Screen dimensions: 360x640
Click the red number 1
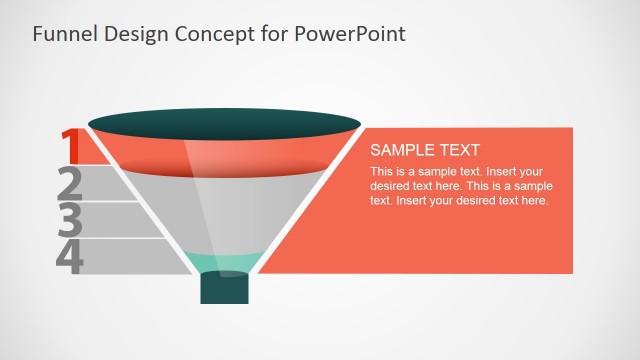(x=70, y=146)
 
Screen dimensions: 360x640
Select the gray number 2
(x=70, y=184)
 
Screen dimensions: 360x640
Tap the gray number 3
(x=70, y=220)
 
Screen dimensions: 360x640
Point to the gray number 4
(x=70, y=256)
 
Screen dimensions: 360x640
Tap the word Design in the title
(x=133, y=34)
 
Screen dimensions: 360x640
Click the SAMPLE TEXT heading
(x=425, y=150)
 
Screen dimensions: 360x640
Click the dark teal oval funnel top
(x=224, y=125)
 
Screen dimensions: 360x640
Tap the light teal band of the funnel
(x=224, y=262)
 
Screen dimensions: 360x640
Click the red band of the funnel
(x=224, y=154)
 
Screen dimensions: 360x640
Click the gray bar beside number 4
(x=135, y=256)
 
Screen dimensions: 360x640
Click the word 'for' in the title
(x=275, y=34)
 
